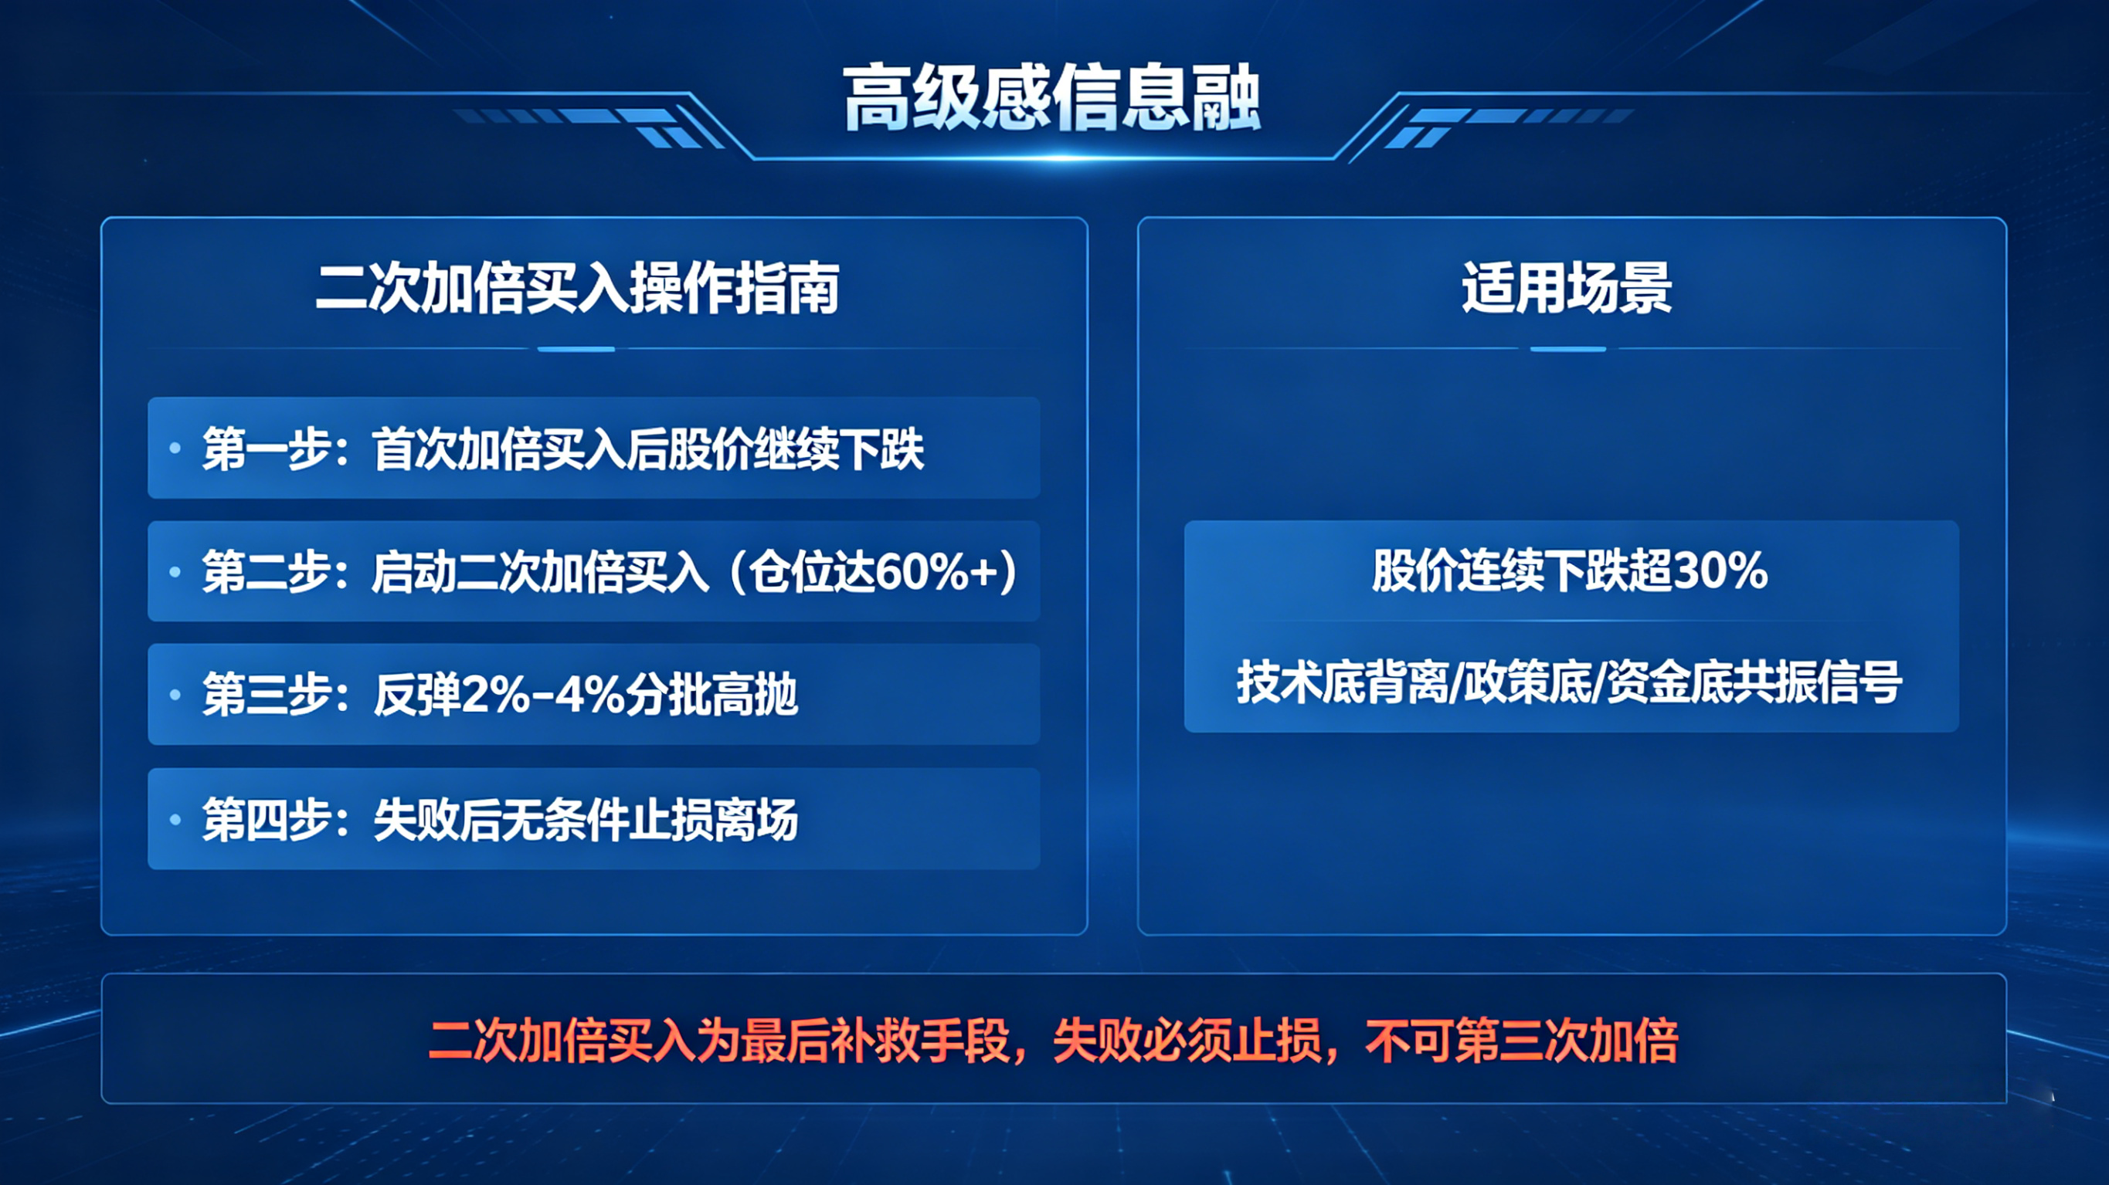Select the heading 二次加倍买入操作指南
click(578, 288)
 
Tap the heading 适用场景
click(1567, 288)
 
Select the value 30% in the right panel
click(1720, 570)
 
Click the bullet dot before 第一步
click(175, 448)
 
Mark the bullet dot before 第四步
click(175, 818)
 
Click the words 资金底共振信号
click(1754, 682)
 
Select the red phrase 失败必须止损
click(1187, 1041)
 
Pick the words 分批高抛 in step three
click(711, 695)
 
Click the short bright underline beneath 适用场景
click(1567, 350)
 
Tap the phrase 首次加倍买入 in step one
click(498, 449)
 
